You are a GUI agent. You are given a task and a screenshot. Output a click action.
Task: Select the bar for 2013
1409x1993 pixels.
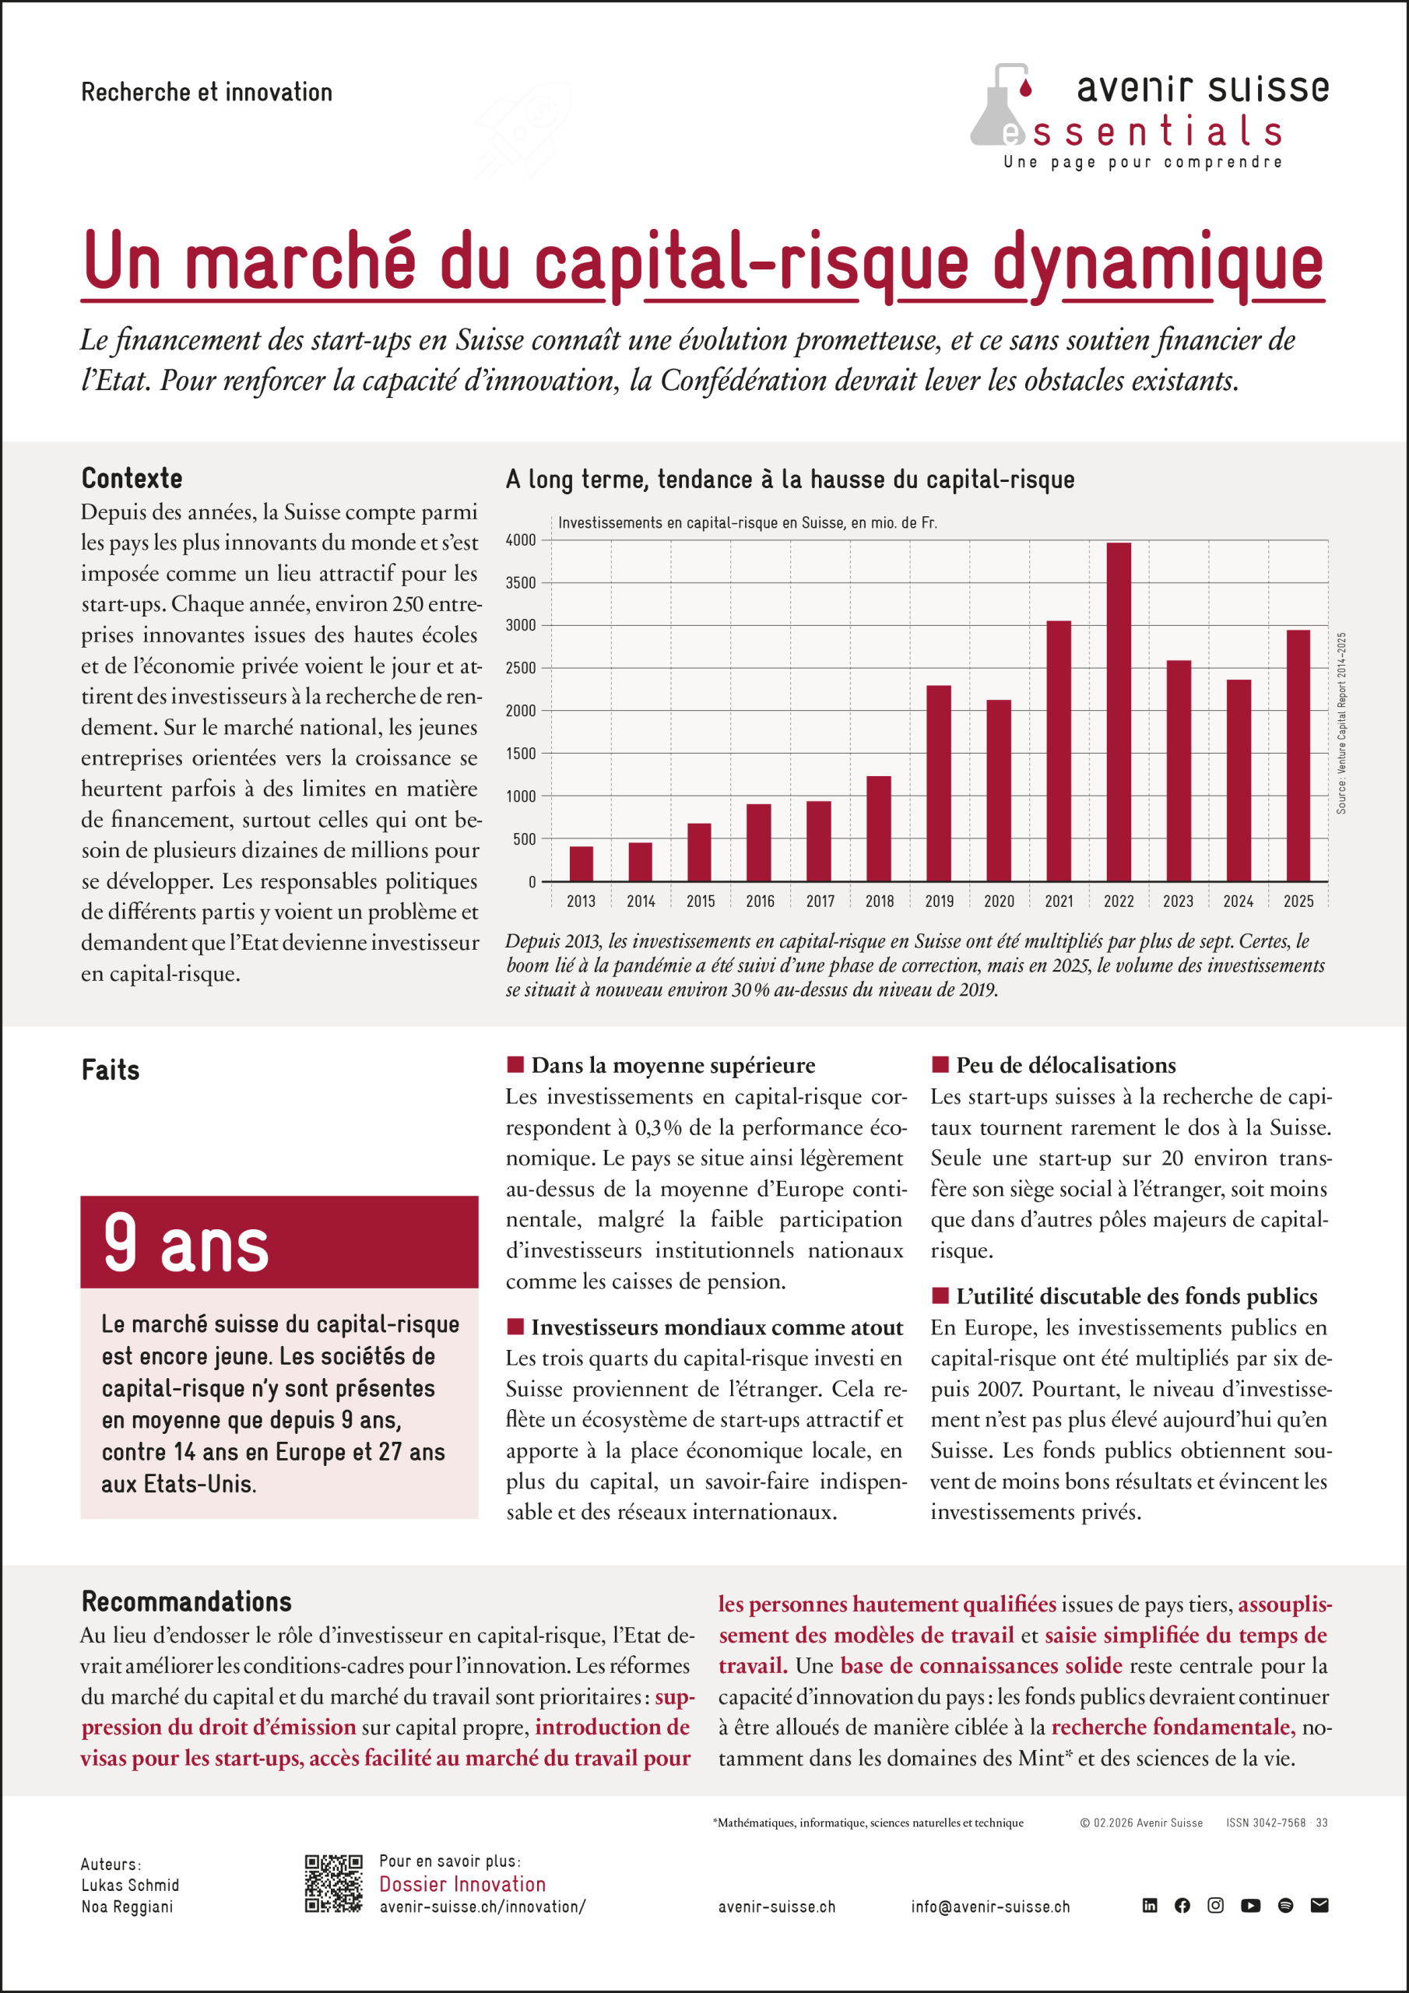coord(581,863)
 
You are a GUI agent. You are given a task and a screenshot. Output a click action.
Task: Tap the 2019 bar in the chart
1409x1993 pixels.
coord(939,783)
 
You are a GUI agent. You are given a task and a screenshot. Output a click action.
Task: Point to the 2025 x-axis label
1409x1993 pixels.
coord(1298,901)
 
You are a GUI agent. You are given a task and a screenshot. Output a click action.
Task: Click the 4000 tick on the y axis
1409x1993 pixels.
coord(521,540)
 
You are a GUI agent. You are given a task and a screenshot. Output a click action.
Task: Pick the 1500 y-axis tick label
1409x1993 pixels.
coord(521,754)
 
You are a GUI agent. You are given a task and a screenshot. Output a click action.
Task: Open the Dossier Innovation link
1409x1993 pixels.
coord(462,1884)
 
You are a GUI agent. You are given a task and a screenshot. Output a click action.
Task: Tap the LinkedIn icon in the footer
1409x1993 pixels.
coord(1150,1905)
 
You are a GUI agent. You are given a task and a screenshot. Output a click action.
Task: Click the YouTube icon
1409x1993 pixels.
coord(1250,1905)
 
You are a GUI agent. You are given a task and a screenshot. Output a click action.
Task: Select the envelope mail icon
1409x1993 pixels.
coord(1319,1905)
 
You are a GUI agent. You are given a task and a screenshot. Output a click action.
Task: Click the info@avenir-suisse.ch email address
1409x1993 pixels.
coord(989,1907)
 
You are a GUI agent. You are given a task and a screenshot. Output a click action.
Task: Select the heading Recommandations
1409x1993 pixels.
coord(187,1601)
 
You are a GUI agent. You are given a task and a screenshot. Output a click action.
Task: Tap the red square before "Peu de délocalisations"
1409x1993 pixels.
coord(940,1064)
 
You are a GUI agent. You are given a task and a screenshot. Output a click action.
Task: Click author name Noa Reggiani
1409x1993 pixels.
coord(127,1907)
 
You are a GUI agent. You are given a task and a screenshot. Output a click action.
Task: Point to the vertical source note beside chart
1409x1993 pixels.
coord(1341,722)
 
